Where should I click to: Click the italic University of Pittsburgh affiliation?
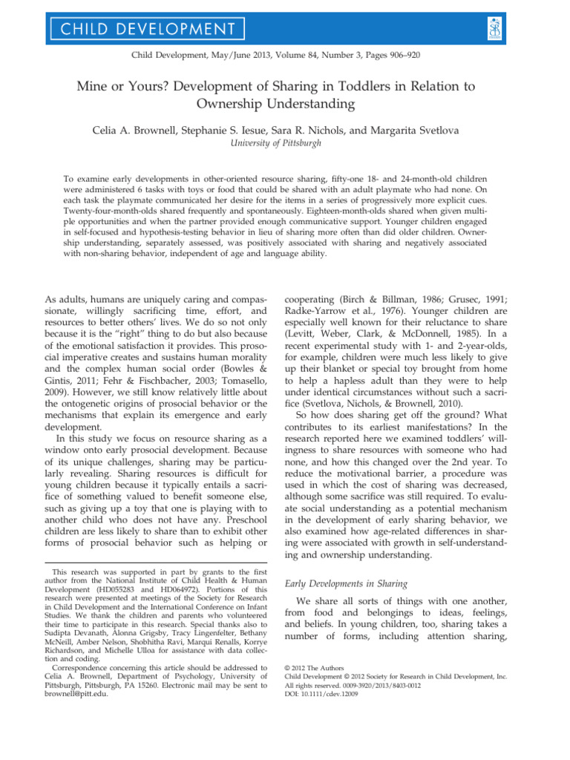pos(284,144)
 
